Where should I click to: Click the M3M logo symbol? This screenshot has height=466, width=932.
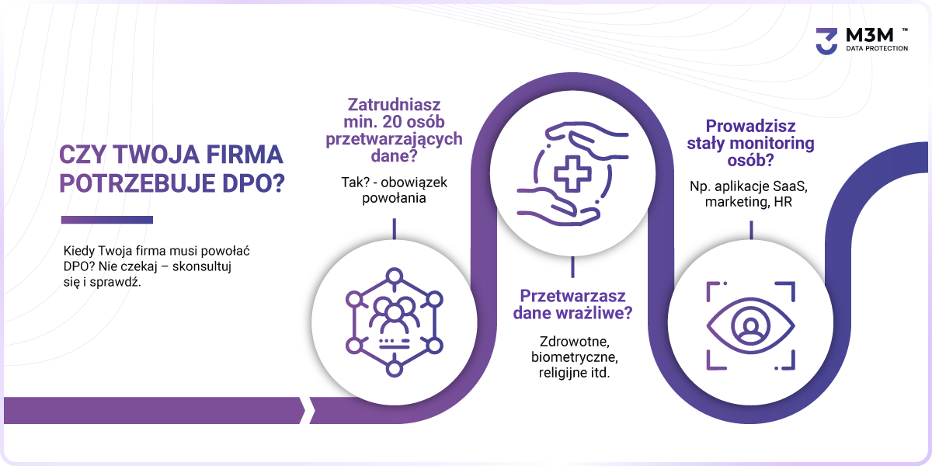point(826,41)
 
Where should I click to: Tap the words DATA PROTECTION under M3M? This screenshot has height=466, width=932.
point(877,48)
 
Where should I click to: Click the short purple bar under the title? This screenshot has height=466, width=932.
point(107,220)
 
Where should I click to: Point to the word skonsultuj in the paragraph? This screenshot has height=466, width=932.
point(202,266)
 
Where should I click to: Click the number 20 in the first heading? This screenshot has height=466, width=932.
point(392,122)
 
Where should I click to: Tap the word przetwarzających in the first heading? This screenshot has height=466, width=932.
point(394,139)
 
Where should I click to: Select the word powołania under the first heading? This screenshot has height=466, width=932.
point(394,198)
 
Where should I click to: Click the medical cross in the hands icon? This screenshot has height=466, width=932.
point(572,174)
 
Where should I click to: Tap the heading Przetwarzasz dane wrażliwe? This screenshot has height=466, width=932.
point(572,304)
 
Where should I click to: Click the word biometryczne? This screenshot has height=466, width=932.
point(574,357)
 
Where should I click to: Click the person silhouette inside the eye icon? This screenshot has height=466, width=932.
point(750,326)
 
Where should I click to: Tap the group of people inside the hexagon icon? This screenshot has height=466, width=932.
point(394,313)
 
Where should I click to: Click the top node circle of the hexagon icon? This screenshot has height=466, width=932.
point(394,276)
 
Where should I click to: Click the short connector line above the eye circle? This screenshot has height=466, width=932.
point(751,230)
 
